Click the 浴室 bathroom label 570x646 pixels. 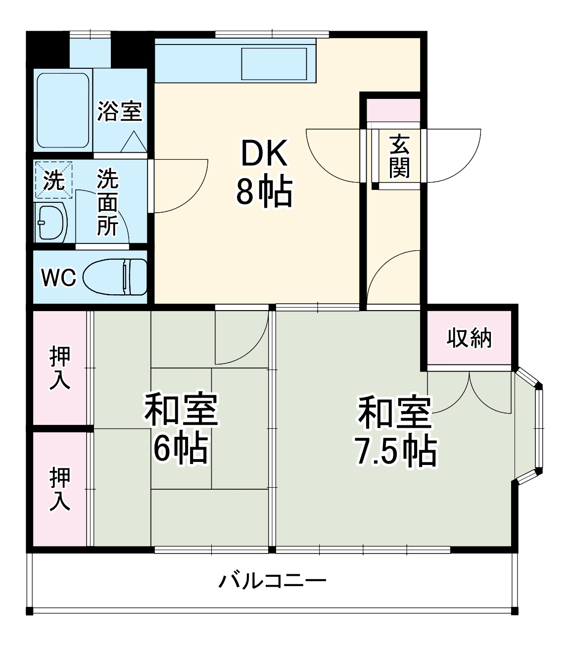pos(120,111)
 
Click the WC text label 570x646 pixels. pos(58,277)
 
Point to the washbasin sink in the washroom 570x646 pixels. pos(51,222)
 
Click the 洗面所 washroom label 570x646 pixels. pos(107,203)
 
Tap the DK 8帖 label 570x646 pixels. pos(264,173)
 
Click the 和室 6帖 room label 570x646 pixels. pos(181,430)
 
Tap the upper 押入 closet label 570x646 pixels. pos(60,368)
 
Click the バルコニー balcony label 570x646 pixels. pos(272,580)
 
